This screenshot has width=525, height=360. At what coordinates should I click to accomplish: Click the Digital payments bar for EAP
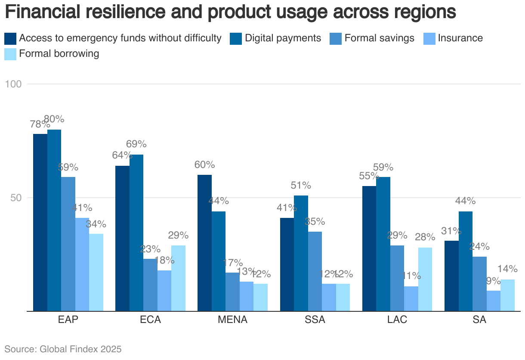54,220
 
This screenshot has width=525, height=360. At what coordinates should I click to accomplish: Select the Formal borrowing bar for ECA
178,278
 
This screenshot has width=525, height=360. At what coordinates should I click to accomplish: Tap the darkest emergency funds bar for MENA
204,243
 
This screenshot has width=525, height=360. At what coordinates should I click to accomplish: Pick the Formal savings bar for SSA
315,271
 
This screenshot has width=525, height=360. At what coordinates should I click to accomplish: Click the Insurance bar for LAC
411,298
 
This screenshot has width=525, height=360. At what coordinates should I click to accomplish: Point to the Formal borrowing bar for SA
507,295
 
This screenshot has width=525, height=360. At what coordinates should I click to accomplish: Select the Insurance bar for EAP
82,264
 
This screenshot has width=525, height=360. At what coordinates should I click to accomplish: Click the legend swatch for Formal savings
336,38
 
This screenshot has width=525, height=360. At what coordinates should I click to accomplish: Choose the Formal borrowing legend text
59,54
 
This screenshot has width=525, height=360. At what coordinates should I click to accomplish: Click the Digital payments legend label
283,38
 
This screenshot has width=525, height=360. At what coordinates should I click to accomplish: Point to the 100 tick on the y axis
13,84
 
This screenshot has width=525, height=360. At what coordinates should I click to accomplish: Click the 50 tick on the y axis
16,198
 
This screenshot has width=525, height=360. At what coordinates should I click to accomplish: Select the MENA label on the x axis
232,320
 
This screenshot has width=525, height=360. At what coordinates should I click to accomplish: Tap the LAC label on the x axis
397,320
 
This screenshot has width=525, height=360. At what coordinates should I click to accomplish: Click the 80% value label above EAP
54,119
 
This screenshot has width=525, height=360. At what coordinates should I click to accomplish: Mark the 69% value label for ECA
136,144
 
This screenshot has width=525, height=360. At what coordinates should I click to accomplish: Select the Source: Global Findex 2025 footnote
63,349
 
